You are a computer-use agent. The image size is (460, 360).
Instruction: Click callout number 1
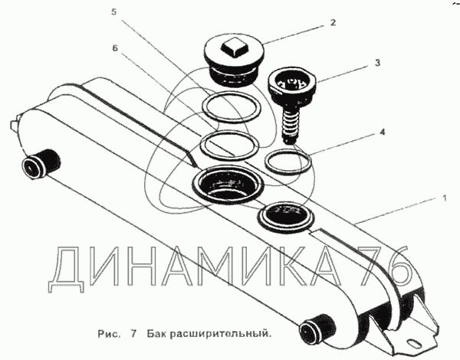click(x=445, y=198)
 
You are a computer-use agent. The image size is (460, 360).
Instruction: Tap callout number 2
click(x=333, y=22)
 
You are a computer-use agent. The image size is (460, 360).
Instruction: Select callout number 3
click(x=377, y=63)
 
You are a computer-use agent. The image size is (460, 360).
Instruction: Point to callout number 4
click(x=382, y=133)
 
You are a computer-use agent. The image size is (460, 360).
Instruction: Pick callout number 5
click(x=113, y=12)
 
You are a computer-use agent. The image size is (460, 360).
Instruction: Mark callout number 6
click(x=115, y=47)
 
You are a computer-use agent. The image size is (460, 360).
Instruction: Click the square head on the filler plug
click(x=233, y=47)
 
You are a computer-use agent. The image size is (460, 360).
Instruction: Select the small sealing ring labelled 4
click(x=287, y=162)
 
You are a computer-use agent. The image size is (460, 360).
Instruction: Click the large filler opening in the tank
click(x=228, y=184)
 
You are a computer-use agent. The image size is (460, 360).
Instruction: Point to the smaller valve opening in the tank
click(x=286, y=217)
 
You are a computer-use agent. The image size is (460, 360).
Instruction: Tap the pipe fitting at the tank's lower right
click(x=317, y=328)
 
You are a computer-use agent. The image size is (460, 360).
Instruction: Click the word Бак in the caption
click(x=157, y=333)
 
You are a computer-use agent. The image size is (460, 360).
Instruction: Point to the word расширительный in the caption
click(x=221, y=334)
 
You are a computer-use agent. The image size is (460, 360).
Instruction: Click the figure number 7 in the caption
click(x=133, y=333)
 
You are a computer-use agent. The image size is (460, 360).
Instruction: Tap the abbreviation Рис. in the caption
click(x=109, y=334)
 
